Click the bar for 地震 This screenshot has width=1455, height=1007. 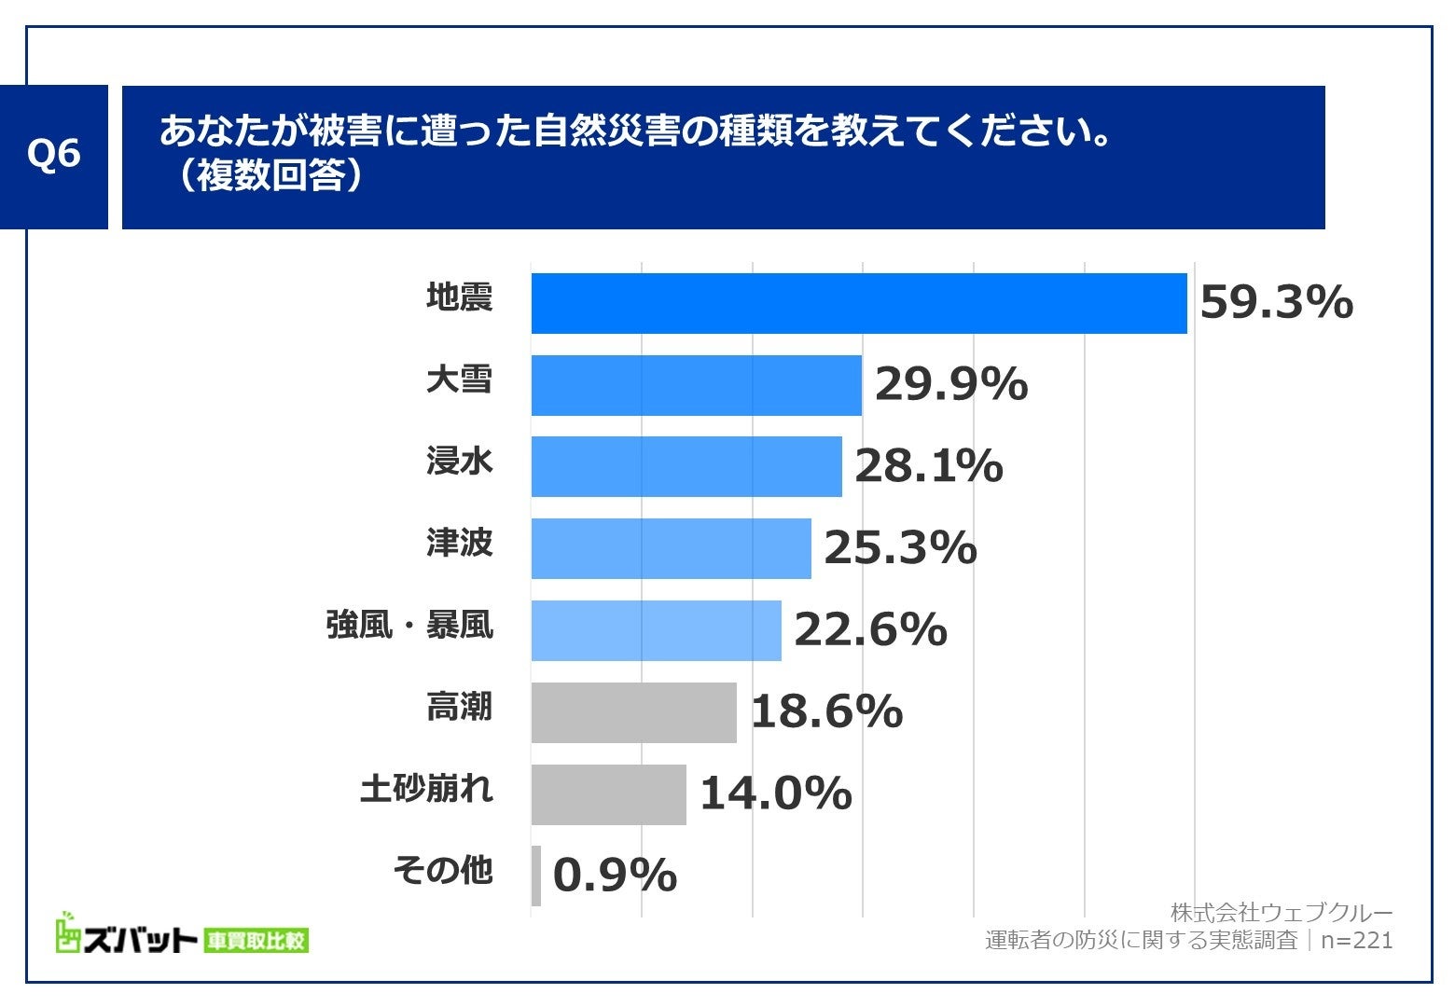click(x=858, y=303)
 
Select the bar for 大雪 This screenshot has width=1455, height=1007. click(x=696, y=385)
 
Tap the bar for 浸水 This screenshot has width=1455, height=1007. click(x=686, y=466)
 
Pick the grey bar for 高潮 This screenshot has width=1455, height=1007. click(x=634, y=712)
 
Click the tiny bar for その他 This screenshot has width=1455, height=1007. click(x=536, y=876)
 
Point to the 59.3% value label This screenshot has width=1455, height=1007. click(x=1275, y=303)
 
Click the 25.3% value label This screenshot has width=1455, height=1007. click(x=899, y=548)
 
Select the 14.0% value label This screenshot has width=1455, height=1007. click(x=775, y=794)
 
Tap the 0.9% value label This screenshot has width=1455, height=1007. click(x=614, y=876)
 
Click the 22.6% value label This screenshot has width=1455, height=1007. click(x=869, y=630)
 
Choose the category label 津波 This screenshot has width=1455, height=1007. click(x=459, y=543)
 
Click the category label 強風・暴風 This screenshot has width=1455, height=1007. click(x=409, y=625)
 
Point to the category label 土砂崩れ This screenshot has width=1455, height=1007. click(x=426, y=789)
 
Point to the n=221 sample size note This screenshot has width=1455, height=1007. click(x=1356, y=940)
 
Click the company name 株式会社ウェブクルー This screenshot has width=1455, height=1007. click(x=1281, y=912)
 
